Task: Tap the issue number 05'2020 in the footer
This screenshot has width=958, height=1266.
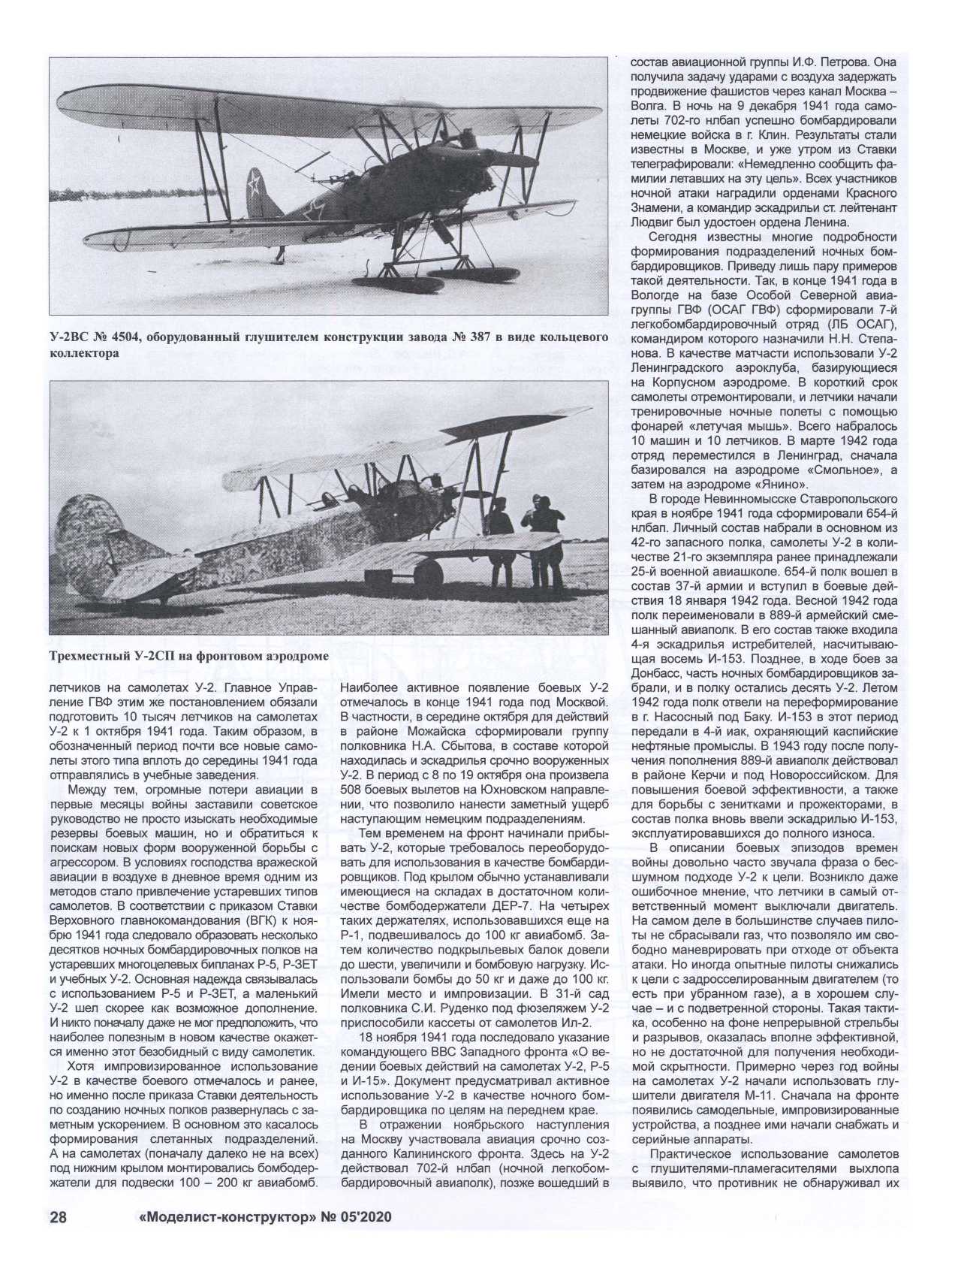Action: click(x=351, y=1218)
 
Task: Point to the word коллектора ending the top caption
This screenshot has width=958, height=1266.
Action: click(x=85, y=354)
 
